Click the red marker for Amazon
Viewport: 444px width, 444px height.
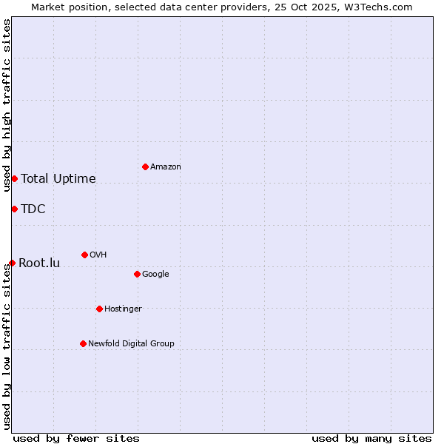coord(145,166)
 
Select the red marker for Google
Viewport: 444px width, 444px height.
coord(137,274)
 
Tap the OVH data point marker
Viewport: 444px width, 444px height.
coord(84,255)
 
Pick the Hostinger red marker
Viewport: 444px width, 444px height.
coord(99,309)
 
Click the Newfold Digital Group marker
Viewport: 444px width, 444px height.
coord(83,343)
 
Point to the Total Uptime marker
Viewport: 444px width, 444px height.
coord(14,178)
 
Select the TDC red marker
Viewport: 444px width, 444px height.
coord(14,209)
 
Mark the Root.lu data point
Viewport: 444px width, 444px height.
coord(12,263)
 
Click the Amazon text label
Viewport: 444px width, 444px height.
coord(165,166)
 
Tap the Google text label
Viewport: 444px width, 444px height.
coord(155,274)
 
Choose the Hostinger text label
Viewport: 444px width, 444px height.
coord(123,309)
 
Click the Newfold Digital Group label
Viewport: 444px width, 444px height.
coord(131,343)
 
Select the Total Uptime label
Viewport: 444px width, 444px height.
coord(58,178)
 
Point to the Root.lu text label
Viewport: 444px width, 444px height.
coord(39,263)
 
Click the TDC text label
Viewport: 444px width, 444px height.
coord(33,209)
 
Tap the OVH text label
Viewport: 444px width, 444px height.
coord(98,255)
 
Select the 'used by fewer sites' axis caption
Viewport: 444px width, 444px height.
coord(76,438)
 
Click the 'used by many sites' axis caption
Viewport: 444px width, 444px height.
coord(371,438)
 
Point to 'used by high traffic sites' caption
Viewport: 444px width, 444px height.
coord(7,105)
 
